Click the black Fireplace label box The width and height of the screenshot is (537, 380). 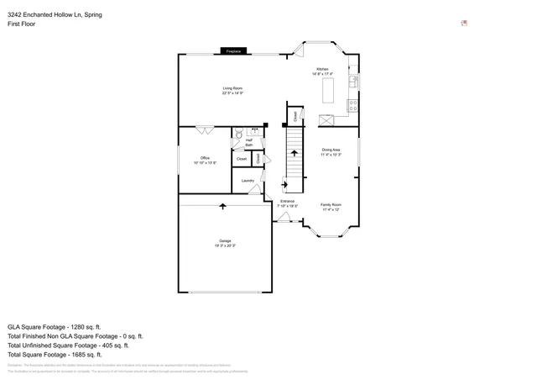point(232,52)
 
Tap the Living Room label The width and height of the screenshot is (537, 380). point(232,90)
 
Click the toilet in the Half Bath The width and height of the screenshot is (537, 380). point(238,134)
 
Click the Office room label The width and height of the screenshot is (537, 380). point(205,160)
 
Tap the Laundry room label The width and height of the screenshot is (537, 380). point(248,181)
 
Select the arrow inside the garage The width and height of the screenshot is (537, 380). point(223,205)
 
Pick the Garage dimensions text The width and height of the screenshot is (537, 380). point(224,245)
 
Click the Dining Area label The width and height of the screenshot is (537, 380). point(331,152)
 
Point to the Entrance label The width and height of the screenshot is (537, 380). point(288,203)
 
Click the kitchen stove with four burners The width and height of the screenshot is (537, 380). point(353,105)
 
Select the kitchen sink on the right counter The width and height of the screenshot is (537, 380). point(354,82)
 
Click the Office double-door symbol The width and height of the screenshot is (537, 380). point(204,130)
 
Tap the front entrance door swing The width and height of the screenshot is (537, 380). point(284,218)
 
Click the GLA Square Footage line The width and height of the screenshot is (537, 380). point(55,326)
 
